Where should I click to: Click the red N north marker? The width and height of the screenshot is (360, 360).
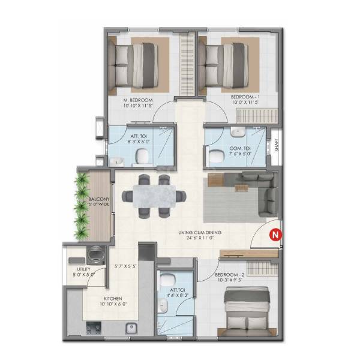275,235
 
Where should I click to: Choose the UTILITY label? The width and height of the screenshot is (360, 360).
80,270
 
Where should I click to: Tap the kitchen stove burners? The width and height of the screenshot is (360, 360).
94,328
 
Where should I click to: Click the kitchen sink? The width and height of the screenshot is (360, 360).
130,328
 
